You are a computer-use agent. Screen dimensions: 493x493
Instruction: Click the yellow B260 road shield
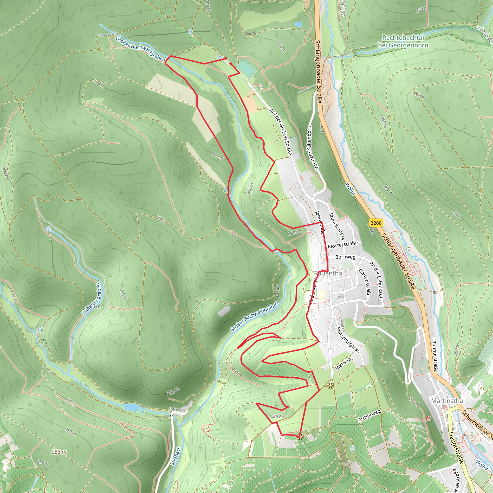(x=376, y=223)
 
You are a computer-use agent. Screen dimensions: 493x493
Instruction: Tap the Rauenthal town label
(x=329, y=273)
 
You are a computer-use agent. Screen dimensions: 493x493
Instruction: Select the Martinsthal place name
(x=448, y=401)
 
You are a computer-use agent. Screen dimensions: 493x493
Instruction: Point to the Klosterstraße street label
(x=343, y=245)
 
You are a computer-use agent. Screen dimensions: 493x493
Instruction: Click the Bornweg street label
(x=345, y=257)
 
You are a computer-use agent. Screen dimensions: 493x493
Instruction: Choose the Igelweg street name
(x=343, y=364)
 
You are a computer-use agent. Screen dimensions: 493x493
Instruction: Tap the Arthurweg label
(x=369, y=415)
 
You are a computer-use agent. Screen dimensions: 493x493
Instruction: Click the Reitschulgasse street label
(x=348, y=340)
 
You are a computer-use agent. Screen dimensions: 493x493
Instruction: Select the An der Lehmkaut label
(x=377, y=280)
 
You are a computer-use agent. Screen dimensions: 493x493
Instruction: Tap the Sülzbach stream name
(x=175, y=455)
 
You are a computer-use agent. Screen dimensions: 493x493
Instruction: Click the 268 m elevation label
(x=59, y=452)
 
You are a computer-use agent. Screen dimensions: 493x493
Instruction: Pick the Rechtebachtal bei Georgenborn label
(x=403, y=41)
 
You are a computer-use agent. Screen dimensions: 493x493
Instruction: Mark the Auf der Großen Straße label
(x=281, y=132)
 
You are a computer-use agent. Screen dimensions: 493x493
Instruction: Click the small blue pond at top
(x=298, y=25)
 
